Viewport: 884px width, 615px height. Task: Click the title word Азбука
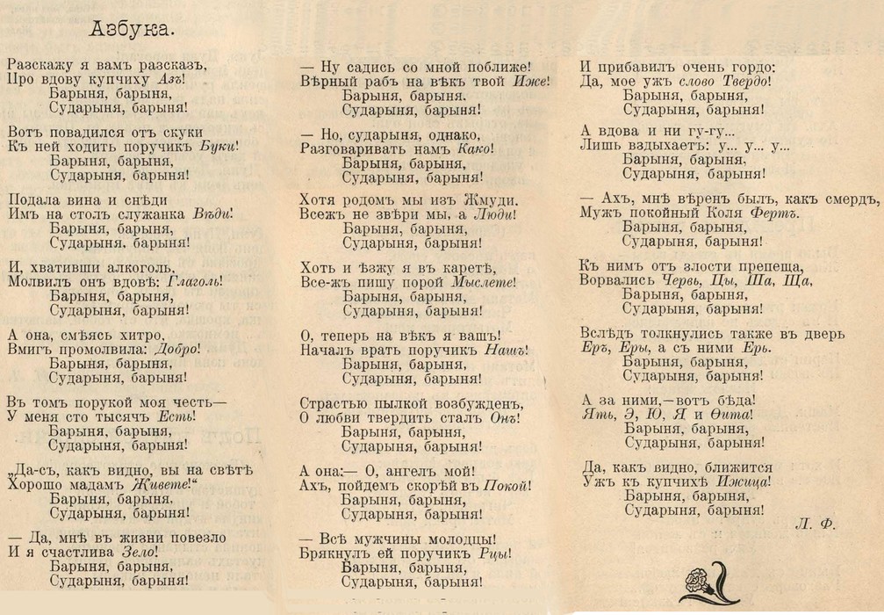132,29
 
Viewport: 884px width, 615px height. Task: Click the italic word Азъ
169,80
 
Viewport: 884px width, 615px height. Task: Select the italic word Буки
218,147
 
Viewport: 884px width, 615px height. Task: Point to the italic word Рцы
495,553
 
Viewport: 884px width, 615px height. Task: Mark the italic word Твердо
744,80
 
